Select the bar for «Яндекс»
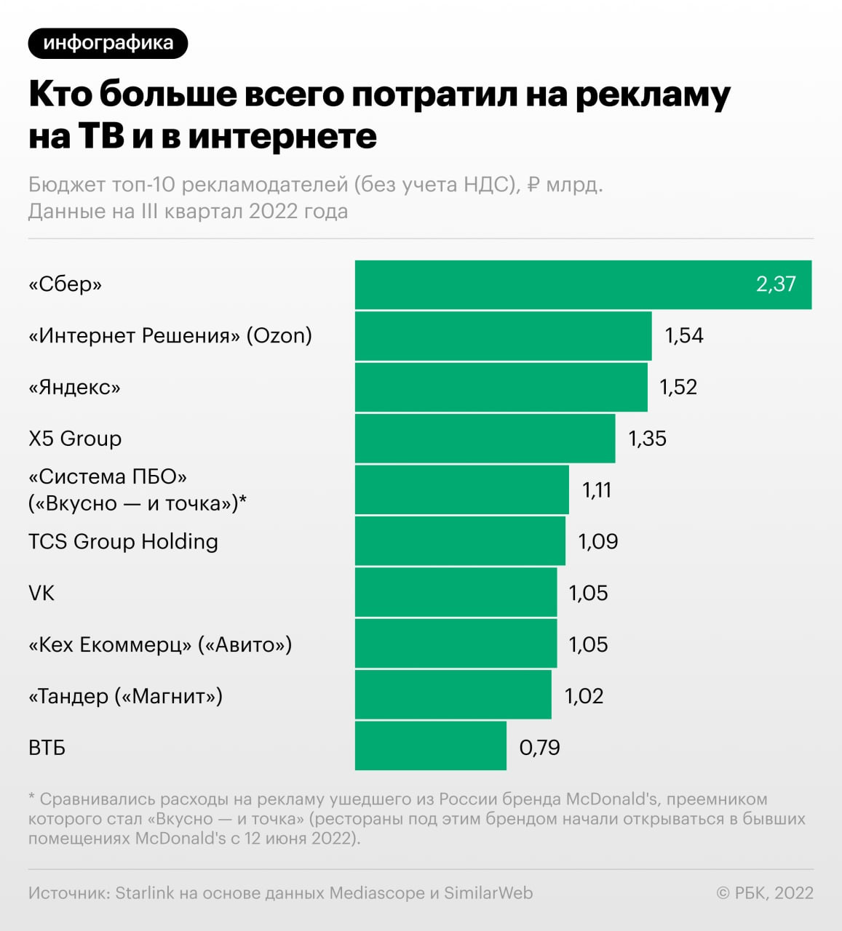[x=501, y=387]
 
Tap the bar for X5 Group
[x=485, y=439]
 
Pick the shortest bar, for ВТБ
[x=430, y=746]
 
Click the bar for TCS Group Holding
[x=460, y=541]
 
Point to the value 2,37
[x=776, y=284]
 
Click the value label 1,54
[x=684, y=335]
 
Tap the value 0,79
[x=539, y=748]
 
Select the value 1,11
[x=597, y=490]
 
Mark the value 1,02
[x=584, y=696]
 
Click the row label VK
[x=41, y=594]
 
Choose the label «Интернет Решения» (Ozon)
[x=170, y=335]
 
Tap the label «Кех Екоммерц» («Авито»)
[x=160, y=644]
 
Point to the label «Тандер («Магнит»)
[x=125, y=696]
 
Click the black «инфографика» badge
[x=108, y=43]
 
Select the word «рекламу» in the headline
[x=652, y=96]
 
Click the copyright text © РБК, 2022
[x=765, y=893]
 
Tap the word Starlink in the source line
[x=145, y=893]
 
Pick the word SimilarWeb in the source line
[x=488, y=893]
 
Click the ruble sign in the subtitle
[x=533, y=185]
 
